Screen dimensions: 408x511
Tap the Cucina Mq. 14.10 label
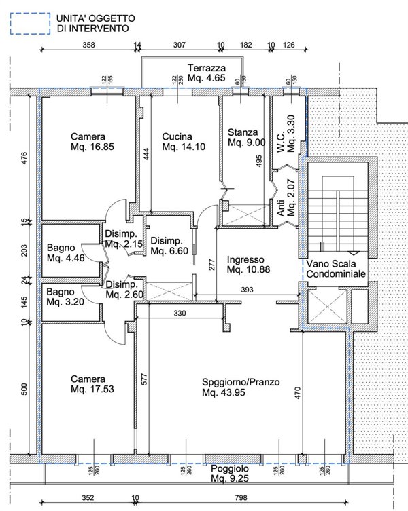click(x=184, y=141)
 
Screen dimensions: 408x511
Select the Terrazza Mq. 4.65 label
click(x=207, y=73)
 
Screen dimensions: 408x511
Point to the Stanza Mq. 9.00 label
click(x=247, y=137)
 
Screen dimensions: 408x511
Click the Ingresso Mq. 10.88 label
click(x=248, y=264)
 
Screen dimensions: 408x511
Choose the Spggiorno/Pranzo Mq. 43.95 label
click(x=241, y=387)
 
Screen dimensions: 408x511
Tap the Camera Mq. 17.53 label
click(x=92, y=384)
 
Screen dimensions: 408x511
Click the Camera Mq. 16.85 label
click(x=92, y=141)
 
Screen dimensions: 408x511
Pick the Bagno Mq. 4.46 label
click(x=66, y=252)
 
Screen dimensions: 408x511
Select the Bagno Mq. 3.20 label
click(x=65, y=297)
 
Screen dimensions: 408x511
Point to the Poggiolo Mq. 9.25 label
click(x=230, y=474)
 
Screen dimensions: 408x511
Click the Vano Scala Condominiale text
click(x=336, y=269)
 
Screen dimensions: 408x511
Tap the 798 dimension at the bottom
click(x=241, y=497)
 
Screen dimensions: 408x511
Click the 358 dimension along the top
click(x=88, y=45)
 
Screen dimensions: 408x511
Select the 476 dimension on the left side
click(x=24, y=158)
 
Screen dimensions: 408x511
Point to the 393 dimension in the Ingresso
click(x=247, y=289)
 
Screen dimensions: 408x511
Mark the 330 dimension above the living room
click(x=180, y=314)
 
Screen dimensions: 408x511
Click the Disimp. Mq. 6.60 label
click(x=169, y=246)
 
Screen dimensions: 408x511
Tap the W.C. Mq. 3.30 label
click(x=286, y=134)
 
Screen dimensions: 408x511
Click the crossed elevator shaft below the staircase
click(x=327, y=307)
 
